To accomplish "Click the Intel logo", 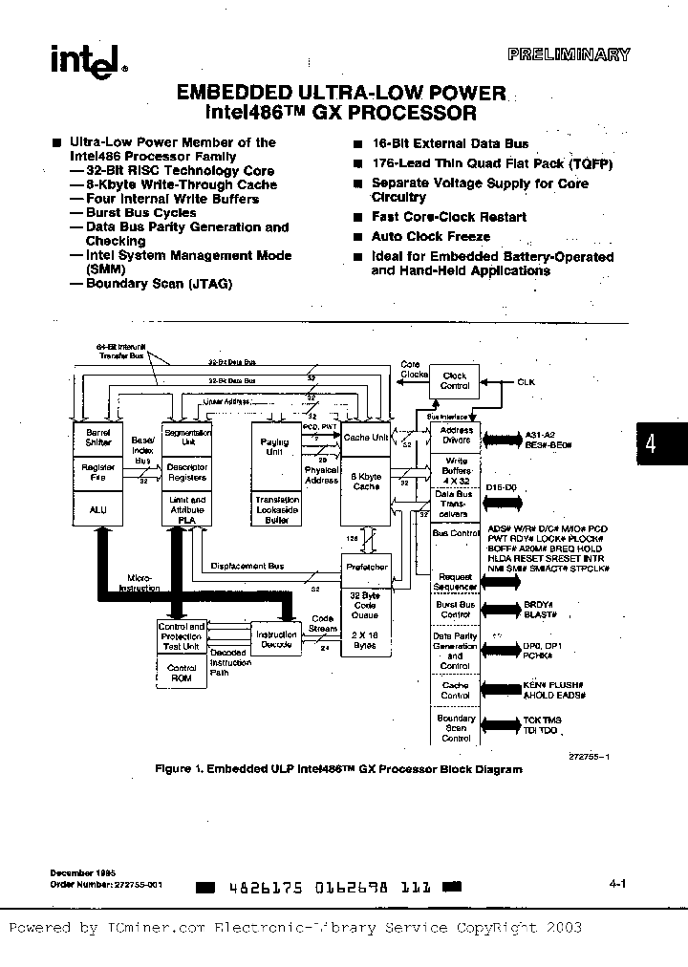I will [84, 61].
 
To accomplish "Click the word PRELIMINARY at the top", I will [581, 54].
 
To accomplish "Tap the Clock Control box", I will [454, 381].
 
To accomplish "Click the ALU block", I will [98, 510].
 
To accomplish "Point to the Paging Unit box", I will [274, 448].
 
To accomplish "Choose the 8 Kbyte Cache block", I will [366, 482].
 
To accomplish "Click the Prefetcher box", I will [366, 567].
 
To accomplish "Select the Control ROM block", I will [182, 673].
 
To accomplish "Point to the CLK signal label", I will [527, 381].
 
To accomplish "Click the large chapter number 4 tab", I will [652, 446].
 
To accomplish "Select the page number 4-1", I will [616, 884].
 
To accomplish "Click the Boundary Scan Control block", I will [455, 728].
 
